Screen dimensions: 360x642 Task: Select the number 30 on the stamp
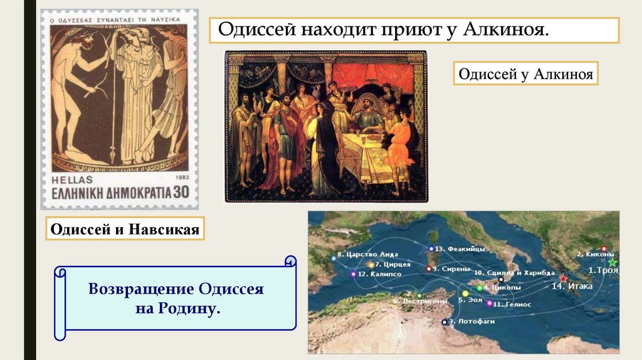[x=181, y=192]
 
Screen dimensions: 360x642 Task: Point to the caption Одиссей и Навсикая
[x=125, y=230]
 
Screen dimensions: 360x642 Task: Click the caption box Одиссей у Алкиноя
[x=525, y=73]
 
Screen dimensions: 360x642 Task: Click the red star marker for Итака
[x=563, y=278]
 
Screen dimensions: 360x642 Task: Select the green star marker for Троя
[x=613, y=262]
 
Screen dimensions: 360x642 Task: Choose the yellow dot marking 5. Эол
[x=465, y=293]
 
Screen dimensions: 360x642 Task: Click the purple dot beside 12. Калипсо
[x=354, y=274]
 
